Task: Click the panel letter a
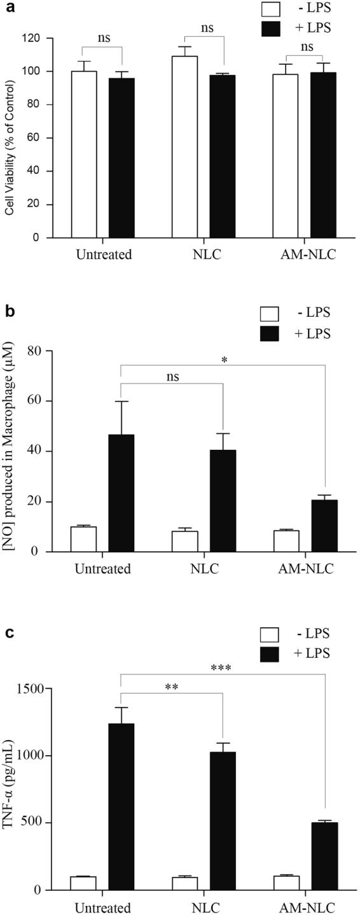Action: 7,7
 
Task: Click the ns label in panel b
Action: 172,377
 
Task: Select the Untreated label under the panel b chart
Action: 102,568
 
